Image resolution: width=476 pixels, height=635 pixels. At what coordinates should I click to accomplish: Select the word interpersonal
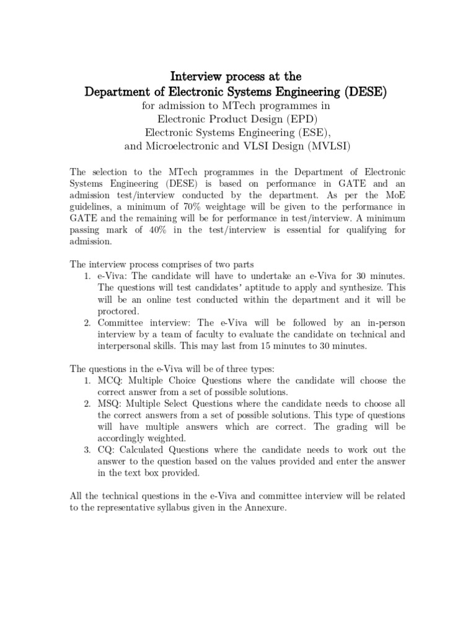click(x=127, y=346)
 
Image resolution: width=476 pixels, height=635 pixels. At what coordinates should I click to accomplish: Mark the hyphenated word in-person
click(x=384, y=322)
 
